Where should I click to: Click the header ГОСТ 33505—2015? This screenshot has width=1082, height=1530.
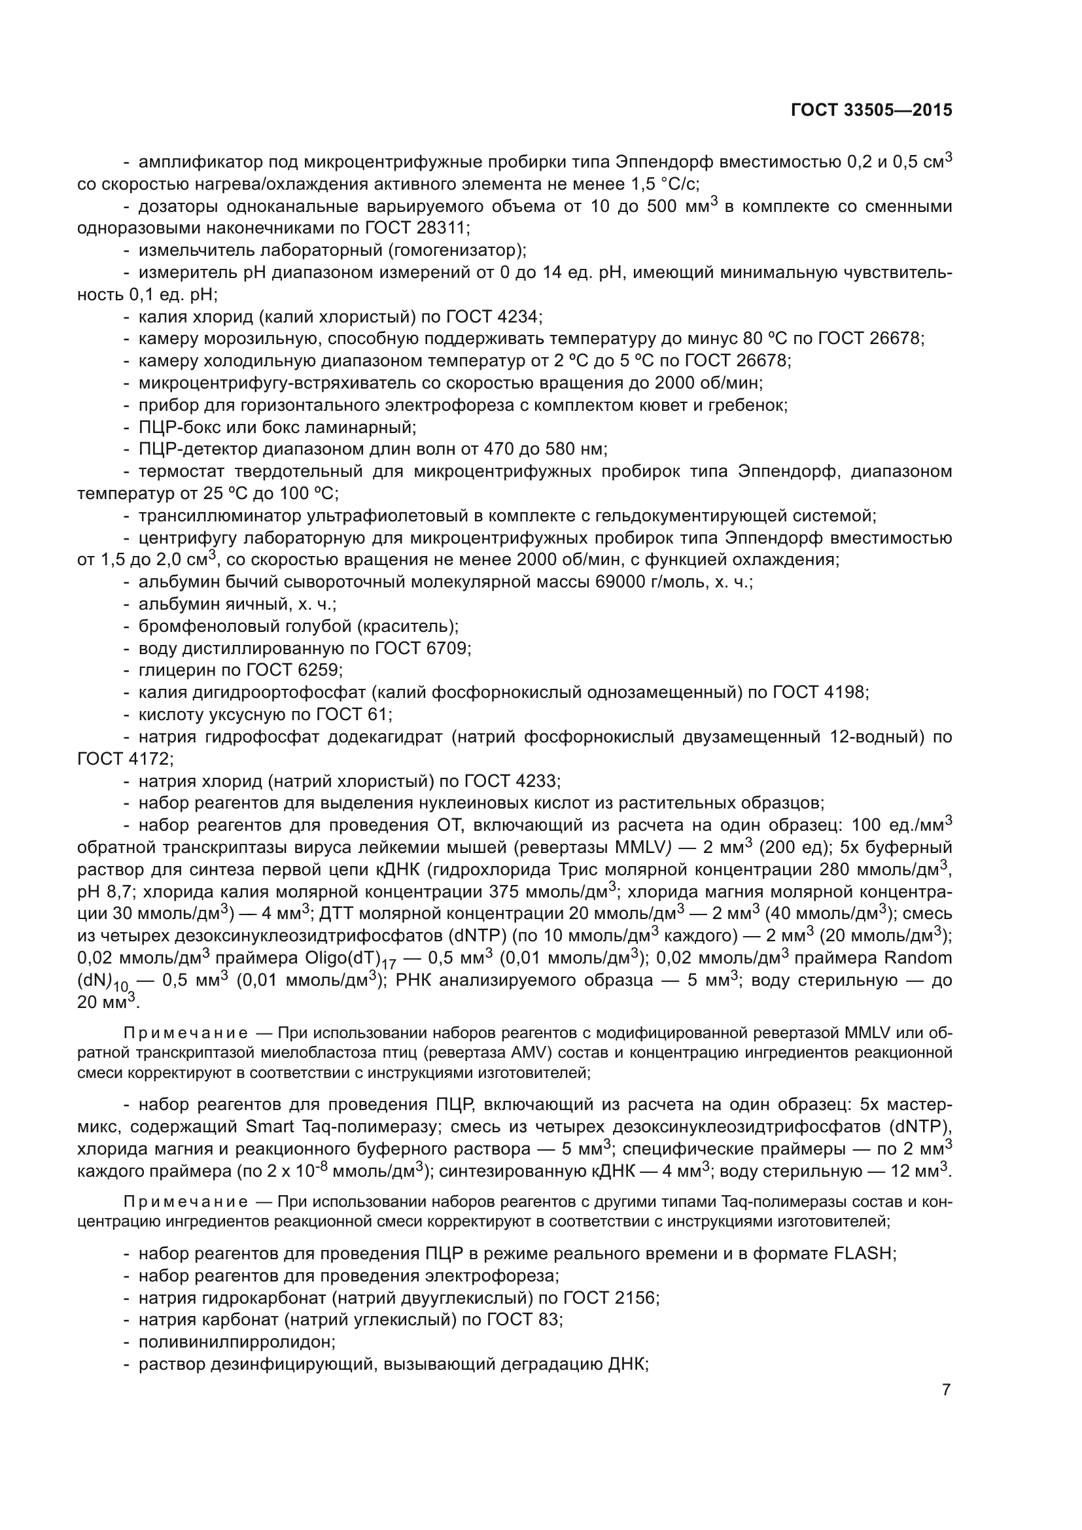[871, 111]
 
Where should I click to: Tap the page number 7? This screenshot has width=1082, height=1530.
[946, 1389]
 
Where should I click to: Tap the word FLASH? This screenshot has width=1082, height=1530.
[862, 1253]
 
